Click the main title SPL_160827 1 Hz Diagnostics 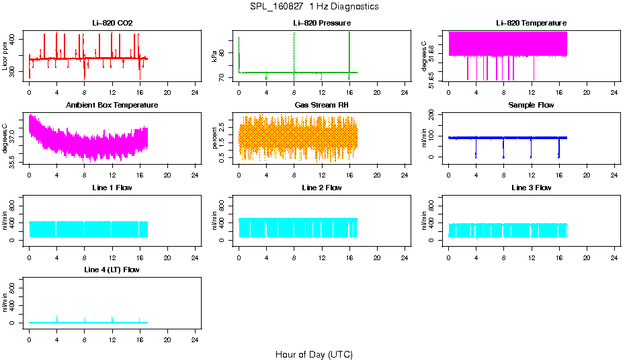(x=314, y=7)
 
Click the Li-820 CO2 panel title (x=112, y=24)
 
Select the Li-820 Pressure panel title (x=322, y=24)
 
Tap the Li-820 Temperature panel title (x=531, y=24)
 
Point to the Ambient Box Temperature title (x=112, y=106)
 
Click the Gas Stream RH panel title (x=322, y=106)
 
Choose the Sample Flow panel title (x=531, y=106)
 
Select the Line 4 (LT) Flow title (x=112, y=270)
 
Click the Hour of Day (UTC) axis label (x=314, y=354)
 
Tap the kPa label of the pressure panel (x=214, y=57)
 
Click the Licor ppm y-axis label (x=5, y=57)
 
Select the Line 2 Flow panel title (x=322, y=188)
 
